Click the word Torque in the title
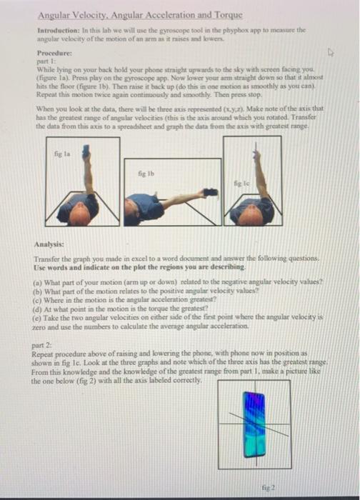point(226,14)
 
